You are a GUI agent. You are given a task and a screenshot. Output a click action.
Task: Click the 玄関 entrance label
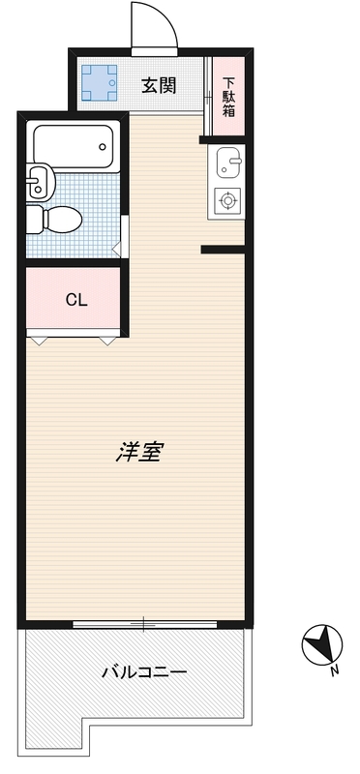coord(159,85)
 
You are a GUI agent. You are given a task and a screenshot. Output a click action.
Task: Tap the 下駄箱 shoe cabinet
coord(229,96)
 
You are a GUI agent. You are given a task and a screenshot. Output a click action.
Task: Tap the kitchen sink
coord(228,164)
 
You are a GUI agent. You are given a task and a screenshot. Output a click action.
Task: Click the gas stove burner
coord(228,201)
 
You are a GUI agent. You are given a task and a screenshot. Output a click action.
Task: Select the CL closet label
coord(75,299)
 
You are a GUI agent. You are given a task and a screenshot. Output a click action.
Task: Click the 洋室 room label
coord(138,452)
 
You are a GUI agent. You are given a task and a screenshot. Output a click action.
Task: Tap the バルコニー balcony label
coord(143,670)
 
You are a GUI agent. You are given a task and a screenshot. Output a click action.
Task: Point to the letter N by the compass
coord(333,670)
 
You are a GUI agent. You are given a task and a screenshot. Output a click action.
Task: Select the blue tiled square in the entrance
coord(100,84)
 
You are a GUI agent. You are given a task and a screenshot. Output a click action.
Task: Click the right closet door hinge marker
coord(106,340)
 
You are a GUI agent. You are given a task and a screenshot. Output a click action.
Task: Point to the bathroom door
coord(124,234)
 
